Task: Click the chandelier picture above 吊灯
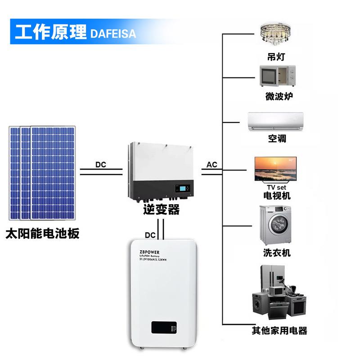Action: [x=276, y=35]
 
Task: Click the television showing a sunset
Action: [x=276, y=168]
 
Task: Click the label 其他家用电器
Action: [x=279, y=331]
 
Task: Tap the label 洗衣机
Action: [x=277, y=252]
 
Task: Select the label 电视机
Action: [x=277, y=196]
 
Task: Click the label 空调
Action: [x=277, y=139]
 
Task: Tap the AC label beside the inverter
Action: [x=212, y=165]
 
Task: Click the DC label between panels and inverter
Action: [x=100, y=165]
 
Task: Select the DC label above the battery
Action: [x=151, y=235]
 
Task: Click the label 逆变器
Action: [x=161, y=210]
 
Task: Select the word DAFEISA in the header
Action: [x=113, y=34]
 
